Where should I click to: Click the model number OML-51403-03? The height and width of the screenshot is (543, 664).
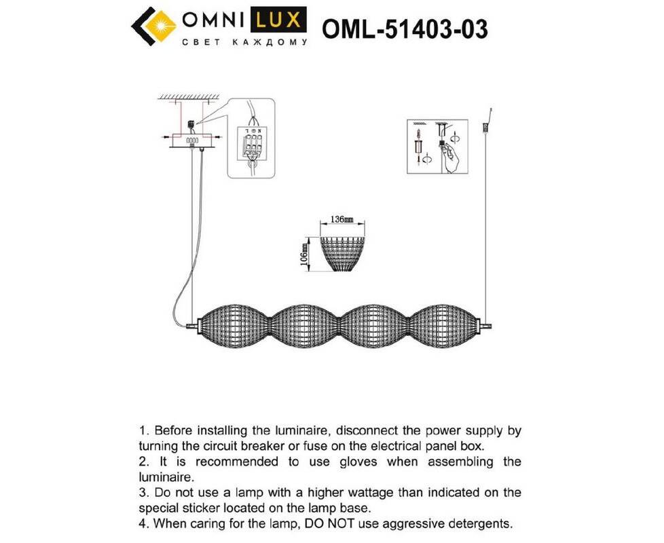click(x=405, y=29)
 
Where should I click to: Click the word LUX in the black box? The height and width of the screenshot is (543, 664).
click(x=278, y=20)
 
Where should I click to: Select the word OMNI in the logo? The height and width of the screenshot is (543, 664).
click(x=213, y=20)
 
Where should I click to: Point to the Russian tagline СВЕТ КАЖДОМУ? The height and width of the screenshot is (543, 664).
click(x=244, y=42)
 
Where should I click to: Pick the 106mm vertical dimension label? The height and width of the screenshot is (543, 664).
click(x=303, y=255)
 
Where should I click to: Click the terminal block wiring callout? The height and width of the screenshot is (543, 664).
click(x=251, y=138)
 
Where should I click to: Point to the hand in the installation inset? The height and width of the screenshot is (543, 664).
click(x=451, y=157)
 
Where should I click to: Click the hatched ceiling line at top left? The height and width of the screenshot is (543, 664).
click(x=189, y=97)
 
